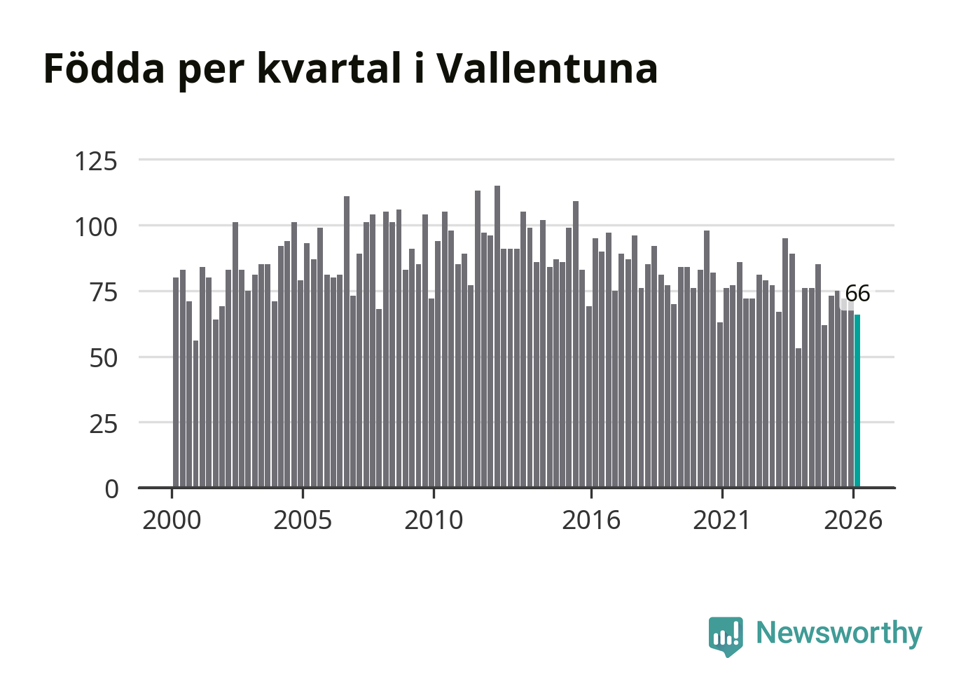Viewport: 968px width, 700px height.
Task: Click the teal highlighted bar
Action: point(857,401)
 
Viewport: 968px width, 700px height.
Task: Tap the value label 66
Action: point(857,294)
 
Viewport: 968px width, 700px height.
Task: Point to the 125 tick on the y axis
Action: point(96,162)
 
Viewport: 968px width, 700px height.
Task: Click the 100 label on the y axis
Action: point(96,228)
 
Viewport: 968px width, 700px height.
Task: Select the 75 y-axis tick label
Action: point(104,293)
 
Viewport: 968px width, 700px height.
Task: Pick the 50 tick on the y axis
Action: point(104,359)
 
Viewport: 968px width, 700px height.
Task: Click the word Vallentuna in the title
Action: point(547,68)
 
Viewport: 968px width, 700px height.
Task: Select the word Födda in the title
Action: point(104,67)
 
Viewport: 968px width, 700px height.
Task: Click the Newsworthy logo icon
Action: point(726,636)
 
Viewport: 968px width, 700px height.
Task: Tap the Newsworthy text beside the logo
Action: point(839,633)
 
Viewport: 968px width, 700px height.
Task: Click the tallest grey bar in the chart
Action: point(497,337)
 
